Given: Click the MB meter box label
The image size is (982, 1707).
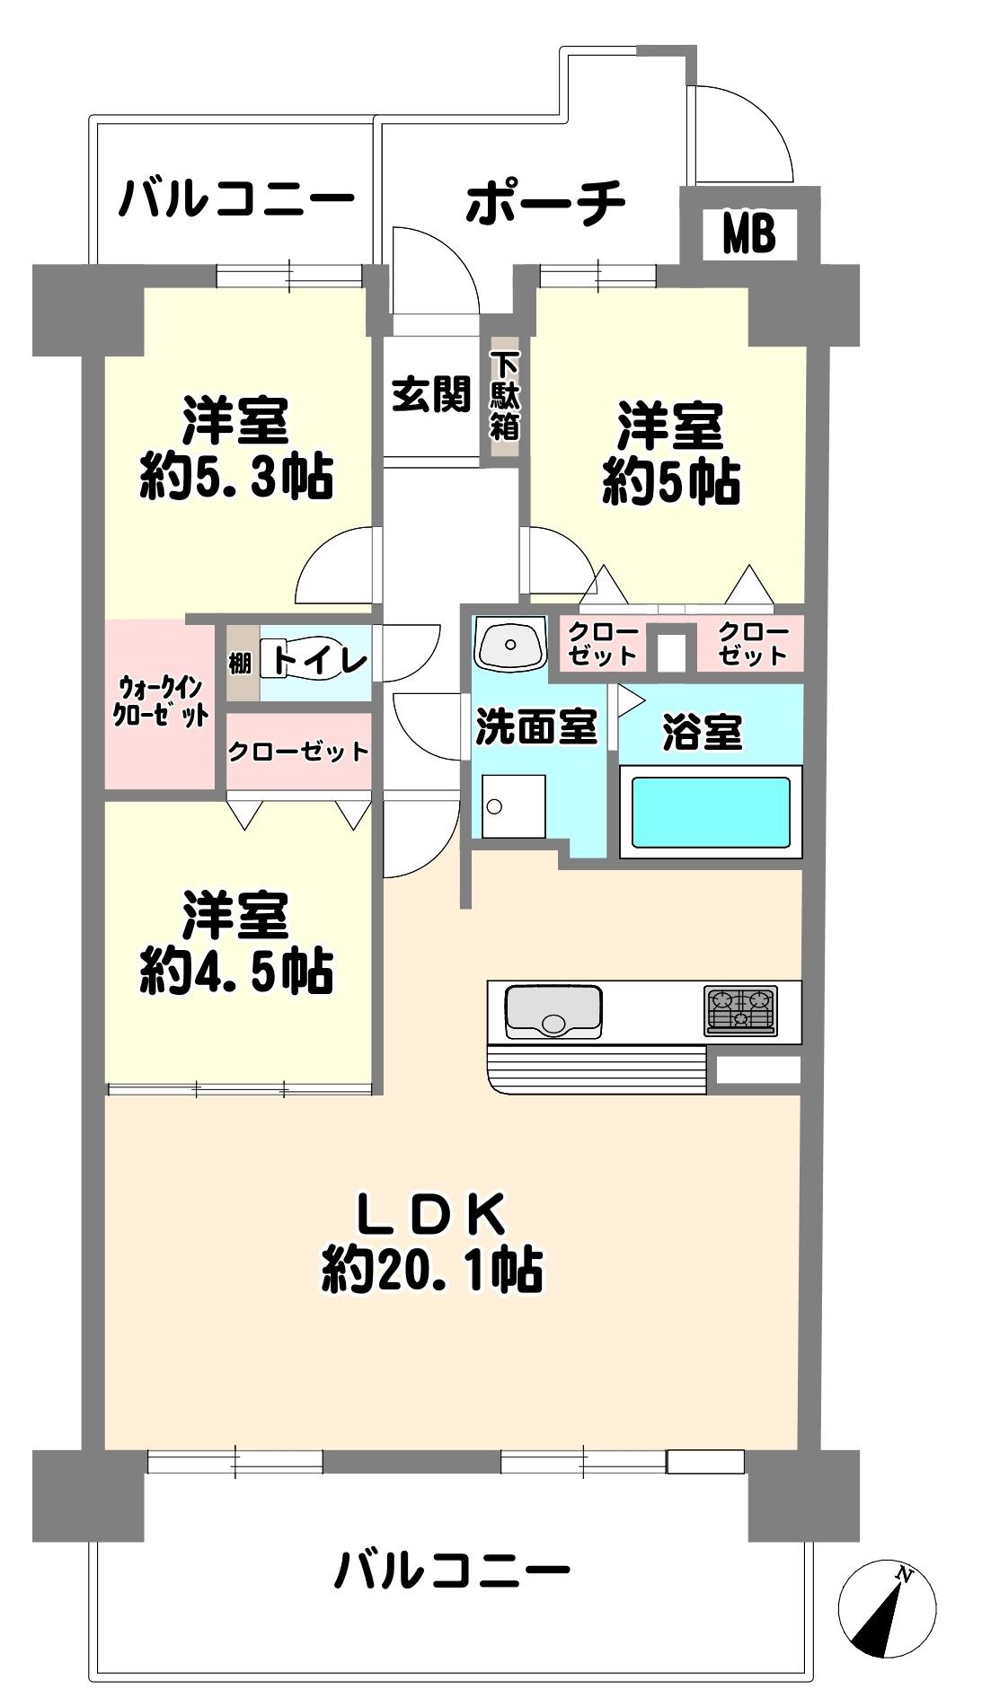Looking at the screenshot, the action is click(x=748, y=235).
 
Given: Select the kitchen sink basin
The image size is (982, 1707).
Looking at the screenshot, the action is click(x=553, y=1010).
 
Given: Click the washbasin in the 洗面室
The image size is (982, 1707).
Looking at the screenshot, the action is click(x=510, y=643).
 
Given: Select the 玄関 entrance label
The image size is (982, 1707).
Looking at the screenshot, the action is click(x=431, y=393).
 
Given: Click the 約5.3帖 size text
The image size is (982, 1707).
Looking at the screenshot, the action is click(x=235, y=477).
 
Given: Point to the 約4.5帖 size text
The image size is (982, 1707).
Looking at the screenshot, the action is click(x=235, y=971).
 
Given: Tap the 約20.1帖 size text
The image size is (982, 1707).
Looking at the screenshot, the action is click(x=432, y=1270).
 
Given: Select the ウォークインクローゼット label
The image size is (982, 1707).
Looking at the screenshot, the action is click(x=161, y=702).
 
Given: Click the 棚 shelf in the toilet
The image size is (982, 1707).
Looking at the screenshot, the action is click(x=239, y=664).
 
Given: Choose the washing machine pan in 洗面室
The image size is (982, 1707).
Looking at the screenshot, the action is click(x=513, y=805).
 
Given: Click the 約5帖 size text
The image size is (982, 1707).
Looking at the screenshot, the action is click(x=671, y=482).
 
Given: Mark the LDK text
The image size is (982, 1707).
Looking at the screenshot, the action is click(x=431, y=1216).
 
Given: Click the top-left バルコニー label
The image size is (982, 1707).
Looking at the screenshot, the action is click(x=237, y=199).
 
